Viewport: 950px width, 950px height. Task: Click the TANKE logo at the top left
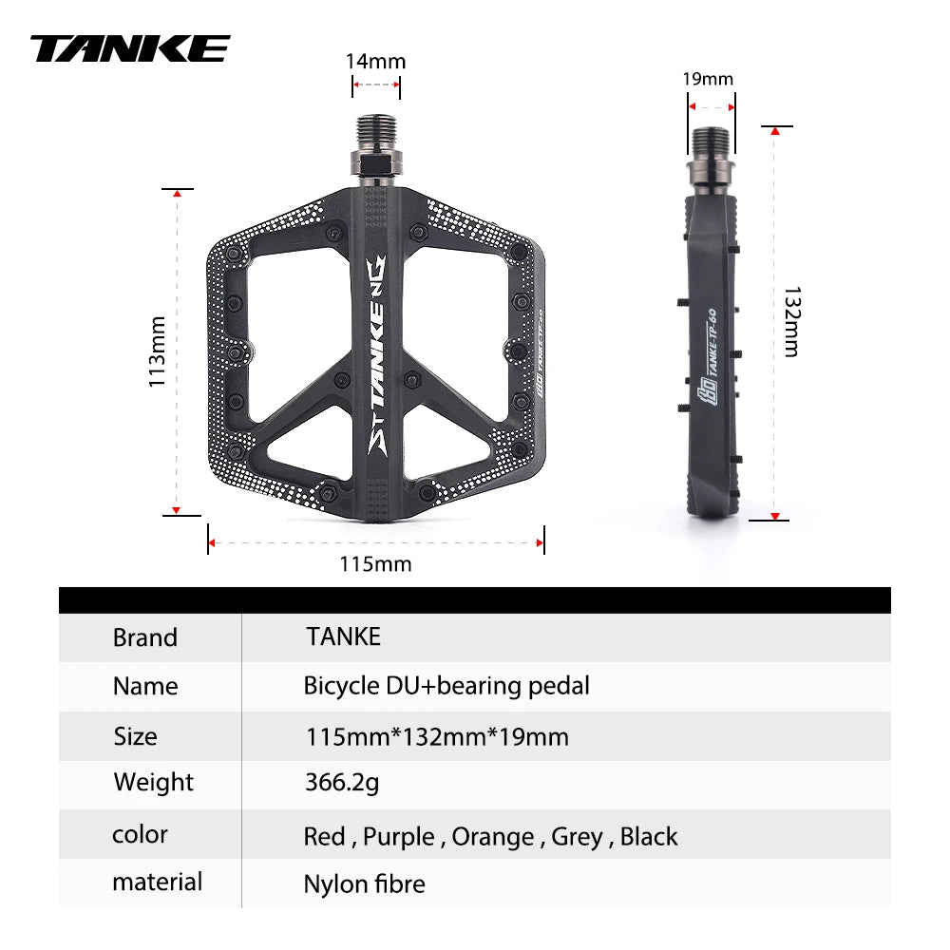[130, 48]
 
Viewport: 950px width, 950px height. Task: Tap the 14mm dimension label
[375, 62]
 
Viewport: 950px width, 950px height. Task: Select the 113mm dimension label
[158, 351]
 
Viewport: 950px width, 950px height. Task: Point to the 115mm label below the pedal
[375, 564]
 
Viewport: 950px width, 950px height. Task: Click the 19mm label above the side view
[709, 79]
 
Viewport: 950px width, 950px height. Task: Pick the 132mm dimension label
[790, 322]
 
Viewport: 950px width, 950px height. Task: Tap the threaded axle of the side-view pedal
[712, 143]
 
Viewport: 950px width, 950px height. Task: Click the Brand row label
[145, 637]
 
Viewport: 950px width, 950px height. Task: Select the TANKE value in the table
[343, 636]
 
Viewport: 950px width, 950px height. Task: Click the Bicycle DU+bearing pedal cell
[446, 686]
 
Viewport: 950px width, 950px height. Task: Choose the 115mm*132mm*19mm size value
[437, 736]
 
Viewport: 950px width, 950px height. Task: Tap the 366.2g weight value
[342, 783]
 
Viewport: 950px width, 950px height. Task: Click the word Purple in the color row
[398, 837]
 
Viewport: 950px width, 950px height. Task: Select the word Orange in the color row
[492, 837]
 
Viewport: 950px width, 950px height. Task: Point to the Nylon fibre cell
[364, 884]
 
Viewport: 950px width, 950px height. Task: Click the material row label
[157, 882]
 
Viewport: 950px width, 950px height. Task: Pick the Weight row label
[153, 783]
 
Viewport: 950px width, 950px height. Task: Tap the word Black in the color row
[649, 837]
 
